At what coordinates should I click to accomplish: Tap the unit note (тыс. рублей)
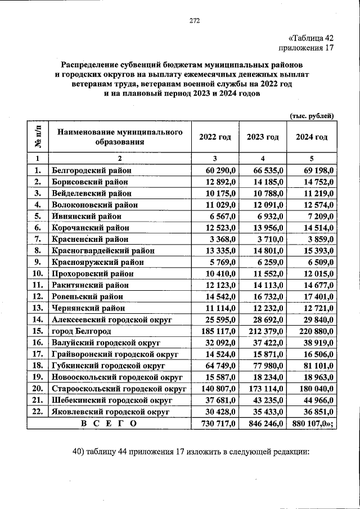tap(312, 115)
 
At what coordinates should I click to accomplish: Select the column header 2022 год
tap(215, 137)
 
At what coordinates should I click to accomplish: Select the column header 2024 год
tap(312, 137)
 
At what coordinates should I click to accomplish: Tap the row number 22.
tap(38, 412)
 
